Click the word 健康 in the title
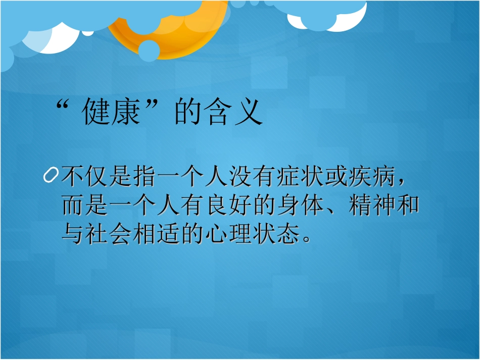pos(110,113)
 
